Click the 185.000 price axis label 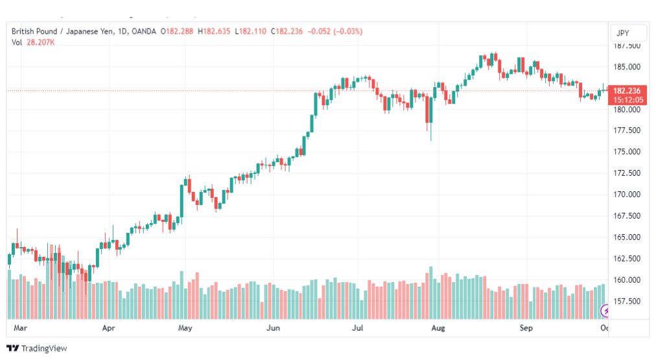pyautogui.click(x=627, y=67)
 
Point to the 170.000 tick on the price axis pyautogui.click(x=627, y=195)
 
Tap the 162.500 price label pyautogui.click(x=627, y=259)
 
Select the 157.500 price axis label pyautogui.click(x=627, y=302)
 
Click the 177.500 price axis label pyautogui.click(x=627, y=130)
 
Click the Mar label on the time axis pyautogui.click(x=20, y=328)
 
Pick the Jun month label pyautogui.click(x=273, y=328)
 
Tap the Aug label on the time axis pyautogui.click(x=438, y=328)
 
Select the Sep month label pyautogui.click(x=526, y=328)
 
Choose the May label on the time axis pyautogui.click(x=185, y=328)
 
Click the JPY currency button pyautogui.click(x=622, y=33)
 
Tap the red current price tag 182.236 pyautogui.click(x=627, y=91)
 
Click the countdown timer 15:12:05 pyautogui.click(x=628, y=100)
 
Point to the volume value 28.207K pyautogui.click(x=41, y=42)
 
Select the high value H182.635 pyautogui.click(x=214, y=31)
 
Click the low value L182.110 pyautogui.click(x=251, y=31)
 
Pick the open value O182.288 pyautogui.click(x=177, y=31)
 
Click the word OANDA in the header pyautogui.click(x=143, y=31)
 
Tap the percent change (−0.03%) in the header pyautogui.click(x=347, y=31)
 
